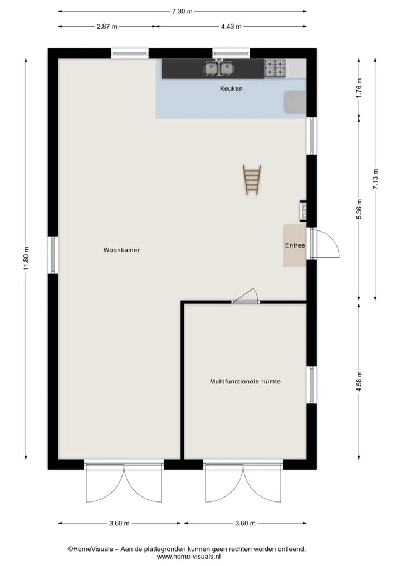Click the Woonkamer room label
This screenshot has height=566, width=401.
tap(121, 250)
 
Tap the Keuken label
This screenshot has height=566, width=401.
tap(231, 88)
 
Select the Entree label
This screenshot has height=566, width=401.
tap(295, 245)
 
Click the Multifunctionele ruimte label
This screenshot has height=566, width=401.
tap(245, 381)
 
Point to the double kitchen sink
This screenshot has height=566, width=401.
tap(219, 68)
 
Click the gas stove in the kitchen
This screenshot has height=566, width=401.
tap(275, 68)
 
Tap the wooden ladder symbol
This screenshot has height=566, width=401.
tap(252, 180)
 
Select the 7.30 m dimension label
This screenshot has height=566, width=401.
tap(182, 11)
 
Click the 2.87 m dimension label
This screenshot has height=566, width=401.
tap(107, 26)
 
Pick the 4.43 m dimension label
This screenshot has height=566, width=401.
tap(231, 26)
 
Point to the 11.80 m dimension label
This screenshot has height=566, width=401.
tap(26, 258)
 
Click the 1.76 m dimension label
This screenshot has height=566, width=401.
tap(359, 88)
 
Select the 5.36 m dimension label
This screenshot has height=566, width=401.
tap(359, 209)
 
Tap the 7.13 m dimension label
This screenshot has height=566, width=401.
tap(376, 179)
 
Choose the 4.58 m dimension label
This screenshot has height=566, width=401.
tap(359, 381)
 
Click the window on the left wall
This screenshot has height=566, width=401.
tap(53, 254)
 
